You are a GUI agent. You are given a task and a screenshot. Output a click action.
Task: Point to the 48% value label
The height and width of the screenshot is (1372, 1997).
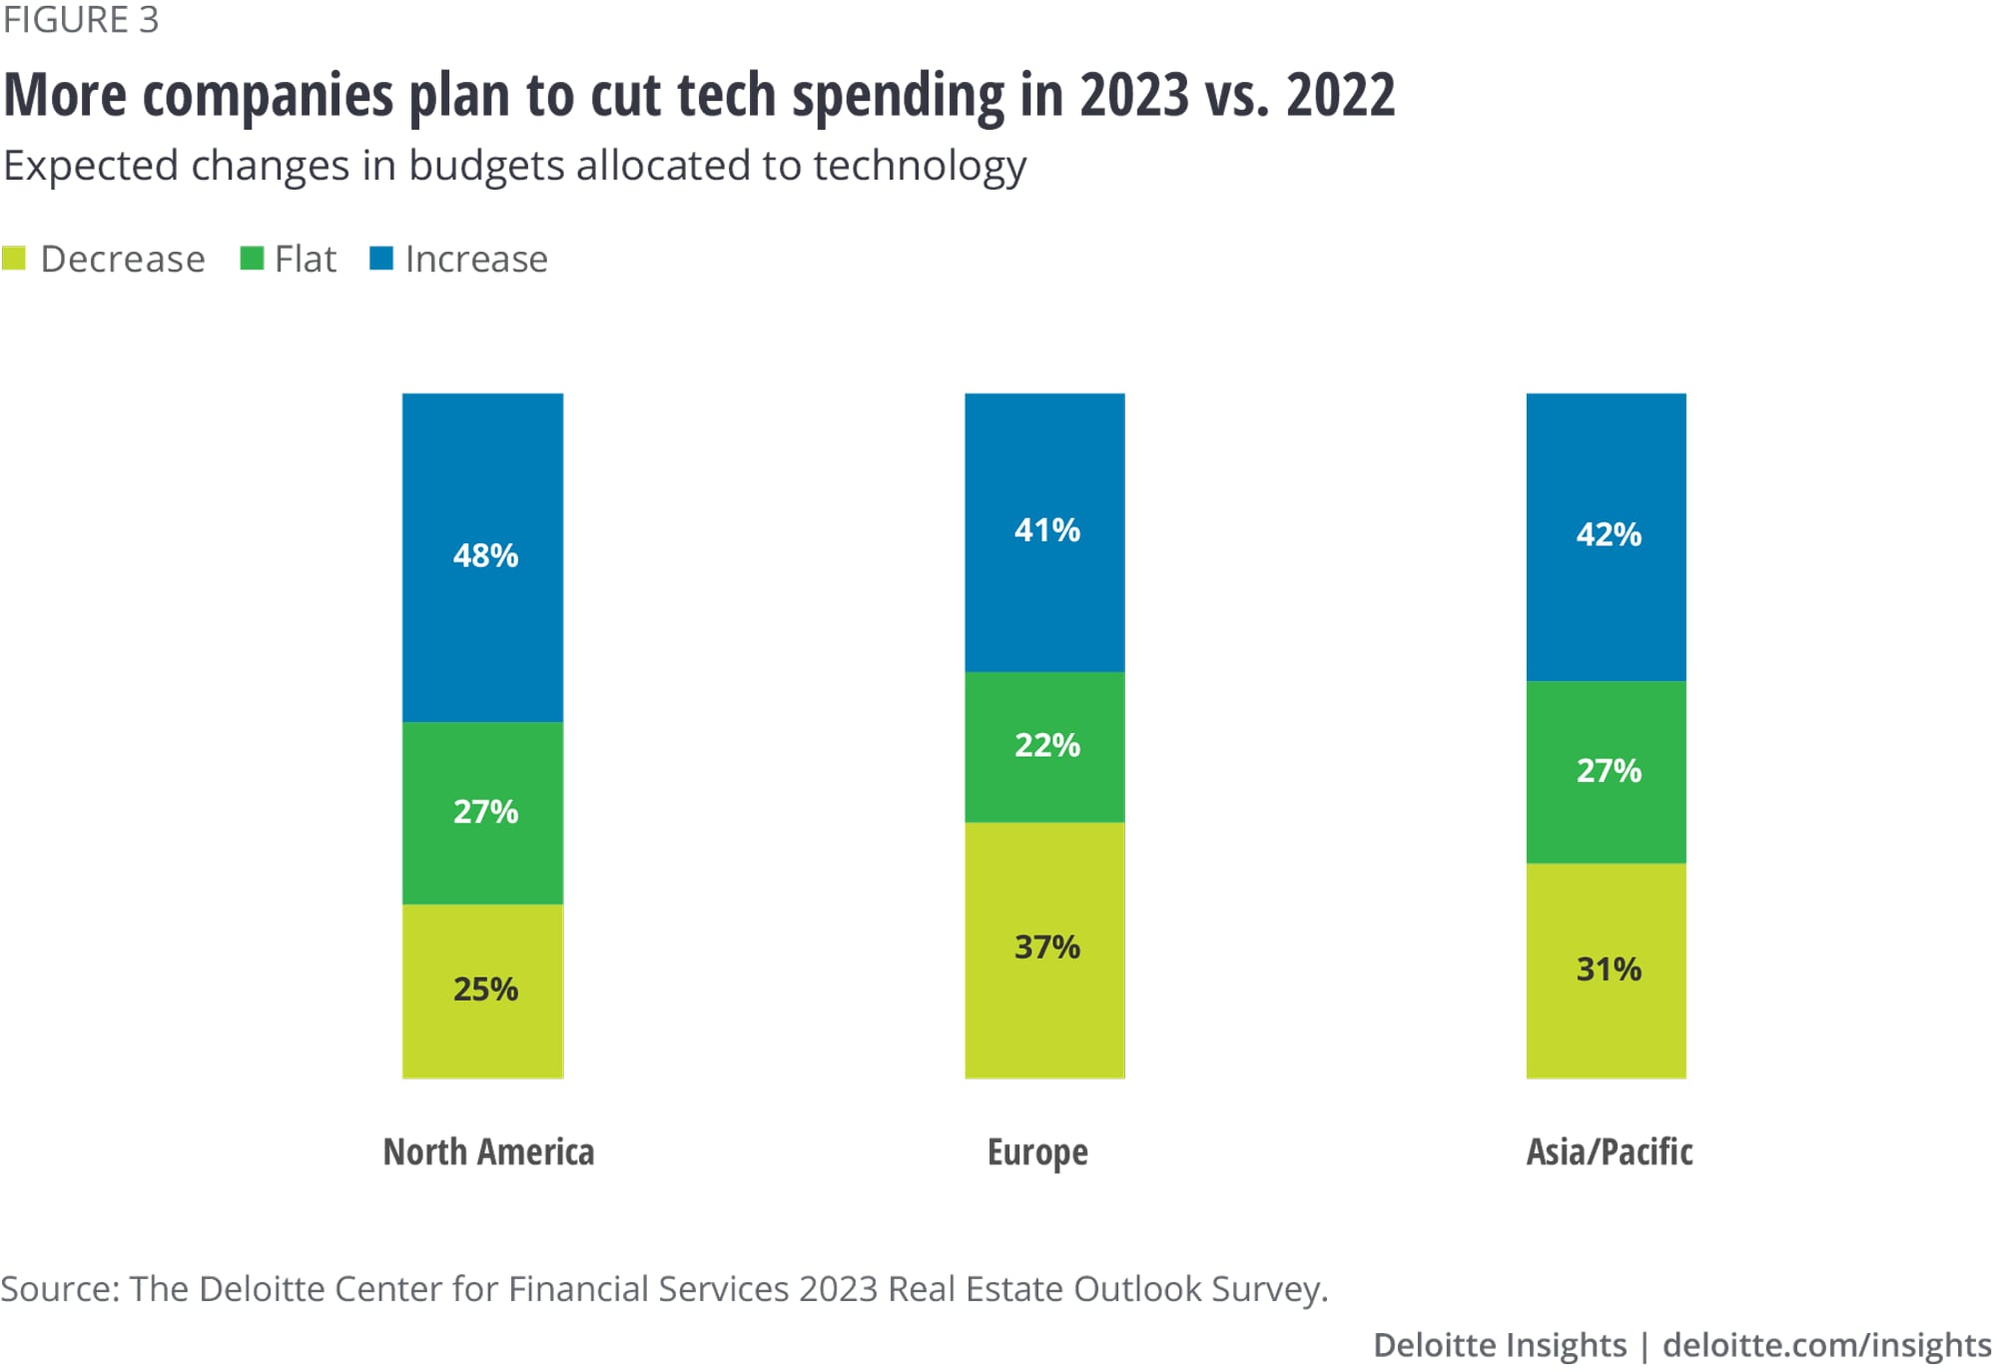coord(485,555)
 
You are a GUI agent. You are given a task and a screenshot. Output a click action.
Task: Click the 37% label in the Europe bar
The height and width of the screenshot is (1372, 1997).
coord(1046,947)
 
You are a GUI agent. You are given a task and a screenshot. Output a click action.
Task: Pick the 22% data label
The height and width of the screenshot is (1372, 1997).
coord(1046,745)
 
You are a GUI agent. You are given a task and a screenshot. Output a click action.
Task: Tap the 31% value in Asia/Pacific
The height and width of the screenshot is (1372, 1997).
coord(1609,969)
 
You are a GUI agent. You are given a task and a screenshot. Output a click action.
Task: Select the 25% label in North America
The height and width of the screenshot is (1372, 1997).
coord(485,989)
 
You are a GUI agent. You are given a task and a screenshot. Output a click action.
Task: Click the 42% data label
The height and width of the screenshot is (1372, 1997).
coord(1609,534)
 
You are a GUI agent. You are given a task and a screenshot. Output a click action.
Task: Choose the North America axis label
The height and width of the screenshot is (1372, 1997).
coord(488,1151)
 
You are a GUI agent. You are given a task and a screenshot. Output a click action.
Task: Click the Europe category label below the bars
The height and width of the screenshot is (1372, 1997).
coord(1037,1151)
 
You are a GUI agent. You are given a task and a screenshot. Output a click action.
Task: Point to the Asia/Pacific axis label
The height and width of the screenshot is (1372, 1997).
coord(1609,1151)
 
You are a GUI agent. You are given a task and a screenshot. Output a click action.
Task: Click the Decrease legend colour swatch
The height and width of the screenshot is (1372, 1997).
coord(14,259)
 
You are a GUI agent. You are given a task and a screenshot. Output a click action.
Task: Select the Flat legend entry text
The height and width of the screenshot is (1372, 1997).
coord(306,259)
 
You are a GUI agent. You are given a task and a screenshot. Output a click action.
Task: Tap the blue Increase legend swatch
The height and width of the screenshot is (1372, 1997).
coord(380,259)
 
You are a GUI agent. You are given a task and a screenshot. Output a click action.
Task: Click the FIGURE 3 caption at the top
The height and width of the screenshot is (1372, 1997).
coord(81,20)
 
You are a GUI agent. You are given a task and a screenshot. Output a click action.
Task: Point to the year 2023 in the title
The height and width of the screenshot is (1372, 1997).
coord(1134,95)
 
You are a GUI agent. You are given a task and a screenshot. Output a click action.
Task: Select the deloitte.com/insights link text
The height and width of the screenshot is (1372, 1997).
coord(1826,1344)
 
